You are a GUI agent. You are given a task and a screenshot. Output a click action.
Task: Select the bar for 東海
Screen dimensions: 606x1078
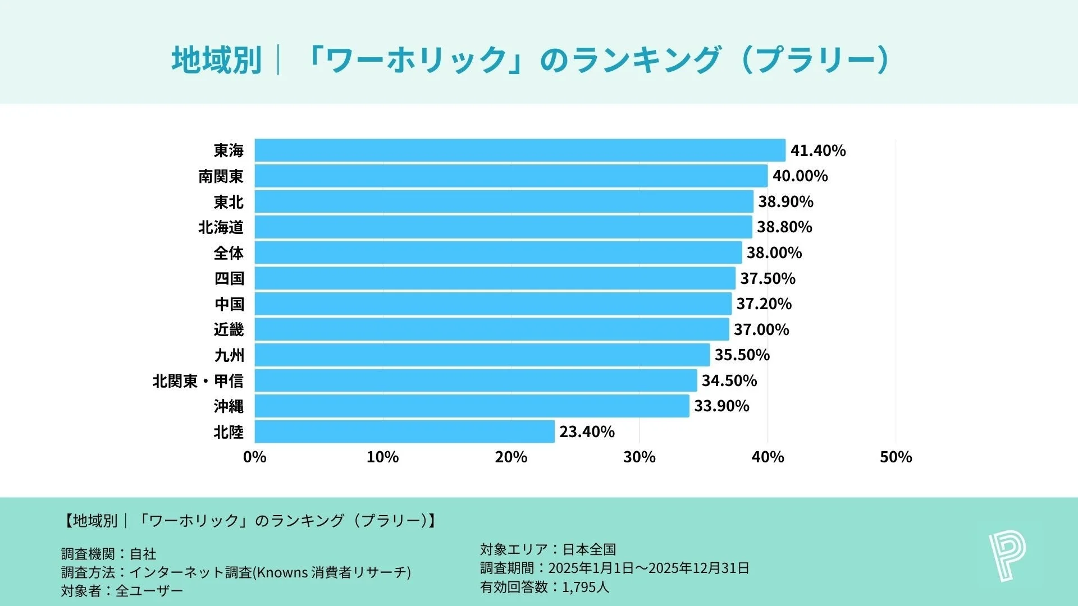click(519, 150)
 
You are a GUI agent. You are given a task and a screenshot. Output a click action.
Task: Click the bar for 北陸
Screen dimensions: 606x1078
click(404, 431)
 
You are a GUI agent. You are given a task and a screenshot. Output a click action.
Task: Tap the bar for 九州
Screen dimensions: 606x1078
click(482, 355)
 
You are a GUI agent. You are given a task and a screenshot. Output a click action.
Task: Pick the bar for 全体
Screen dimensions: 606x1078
click(498, 252)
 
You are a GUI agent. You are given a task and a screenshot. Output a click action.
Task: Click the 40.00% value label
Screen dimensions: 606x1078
click(800, 176)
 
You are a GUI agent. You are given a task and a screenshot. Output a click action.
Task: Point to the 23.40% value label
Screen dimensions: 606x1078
click(587, 431)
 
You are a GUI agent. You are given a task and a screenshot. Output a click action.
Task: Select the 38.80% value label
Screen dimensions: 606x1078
click(784, 227)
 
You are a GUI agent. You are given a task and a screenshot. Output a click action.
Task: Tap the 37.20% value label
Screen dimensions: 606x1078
click(764, 304)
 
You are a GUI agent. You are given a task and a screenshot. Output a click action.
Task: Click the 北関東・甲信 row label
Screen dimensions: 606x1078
click(198, 381)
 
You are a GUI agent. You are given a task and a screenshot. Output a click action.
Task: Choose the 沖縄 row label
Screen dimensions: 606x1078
click(229, 406)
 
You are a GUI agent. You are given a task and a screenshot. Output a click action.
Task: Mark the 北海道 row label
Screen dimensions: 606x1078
click(221, 227)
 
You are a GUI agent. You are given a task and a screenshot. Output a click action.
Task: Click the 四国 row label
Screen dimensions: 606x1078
click(229, 278)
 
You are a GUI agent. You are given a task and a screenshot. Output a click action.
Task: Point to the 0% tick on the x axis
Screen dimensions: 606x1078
click(254, 457)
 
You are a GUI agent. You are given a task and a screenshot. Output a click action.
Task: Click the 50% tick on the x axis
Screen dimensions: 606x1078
click(896, 457)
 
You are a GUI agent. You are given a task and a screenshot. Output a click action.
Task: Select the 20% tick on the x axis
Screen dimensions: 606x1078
click(511, 457)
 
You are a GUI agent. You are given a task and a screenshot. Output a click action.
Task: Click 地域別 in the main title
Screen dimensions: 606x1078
click(217, 60)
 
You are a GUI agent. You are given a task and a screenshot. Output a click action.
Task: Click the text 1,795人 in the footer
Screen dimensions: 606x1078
click(585, 587)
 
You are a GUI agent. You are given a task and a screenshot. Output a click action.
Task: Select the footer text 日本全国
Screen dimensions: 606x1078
click(590, 549)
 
